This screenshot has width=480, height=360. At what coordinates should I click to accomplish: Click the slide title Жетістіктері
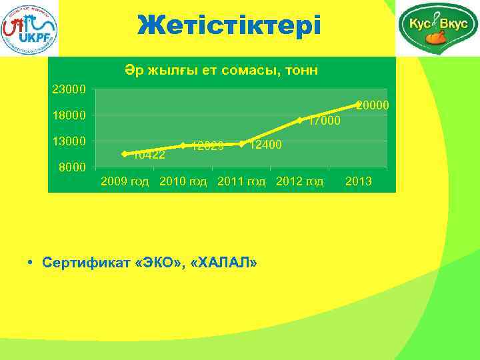tap(229, 25)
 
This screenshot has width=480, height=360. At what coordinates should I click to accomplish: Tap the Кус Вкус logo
tap(437, 28)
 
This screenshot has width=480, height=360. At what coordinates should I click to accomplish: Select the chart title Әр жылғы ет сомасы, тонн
tap(220, 70)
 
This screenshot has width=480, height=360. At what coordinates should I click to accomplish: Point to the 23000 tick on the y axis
tap(69, 89)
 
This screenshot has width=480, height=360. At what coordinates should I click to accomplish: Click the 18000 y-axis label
tap(69, 115)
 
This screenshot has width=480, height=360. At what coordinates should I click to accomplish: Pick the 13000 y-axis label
tap(69, 141)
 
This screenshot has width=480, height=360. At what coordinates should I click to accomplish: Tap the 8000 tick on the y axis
tap(72, 167)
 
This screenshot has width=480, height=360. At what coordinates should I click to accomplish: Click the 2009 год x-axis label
tap(125, 182)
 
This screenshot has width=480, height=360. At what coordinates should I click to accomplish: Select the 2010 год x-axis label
tap(183, 182)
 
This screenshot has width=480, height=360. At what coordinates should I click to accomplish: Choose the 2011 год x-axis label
tap(241, 182)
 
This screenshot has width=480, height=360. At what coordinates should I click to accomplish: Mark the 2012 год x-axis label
tap(299, 182)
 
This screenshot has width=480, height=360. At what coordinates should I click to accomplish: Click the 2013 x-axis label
tap(359, 182)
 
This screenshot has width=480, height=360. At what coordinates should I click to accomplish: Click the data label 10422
tap(149, 155)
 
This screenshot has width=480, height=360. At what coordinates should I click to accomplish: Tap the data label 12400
tap(265, 145)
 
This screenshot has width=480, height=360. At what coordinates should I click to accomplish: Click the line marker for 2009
tap(125, 154)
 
